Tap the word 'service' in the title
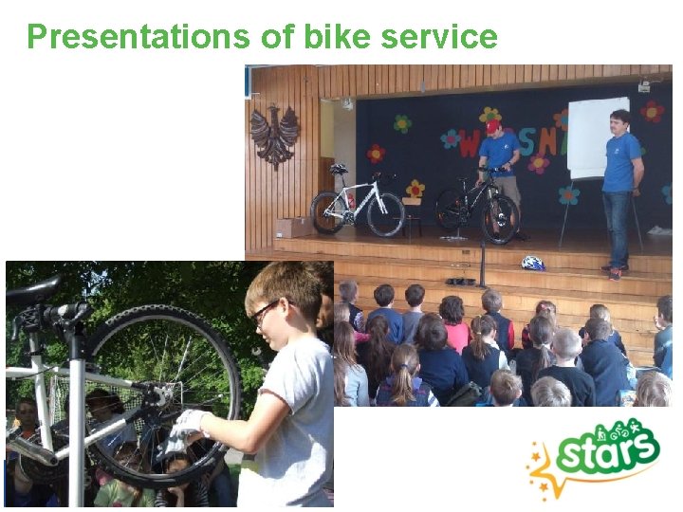click(x=438, y=36)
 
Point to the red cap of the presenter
click(x=492, y=126)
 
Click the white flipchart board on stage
click(x=598, y=137)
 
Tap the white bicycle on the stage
click(x=358, y=203)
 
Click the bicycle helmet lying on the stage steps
click(x=533, y=263)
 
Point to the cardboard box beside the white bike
click(x=292, y=228)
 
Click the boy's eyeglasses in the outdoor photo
click(x=266, y=312)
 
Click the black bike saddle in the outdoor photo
click(x=32, y=290)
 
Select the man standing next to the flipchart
click(x=621, y=190)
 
